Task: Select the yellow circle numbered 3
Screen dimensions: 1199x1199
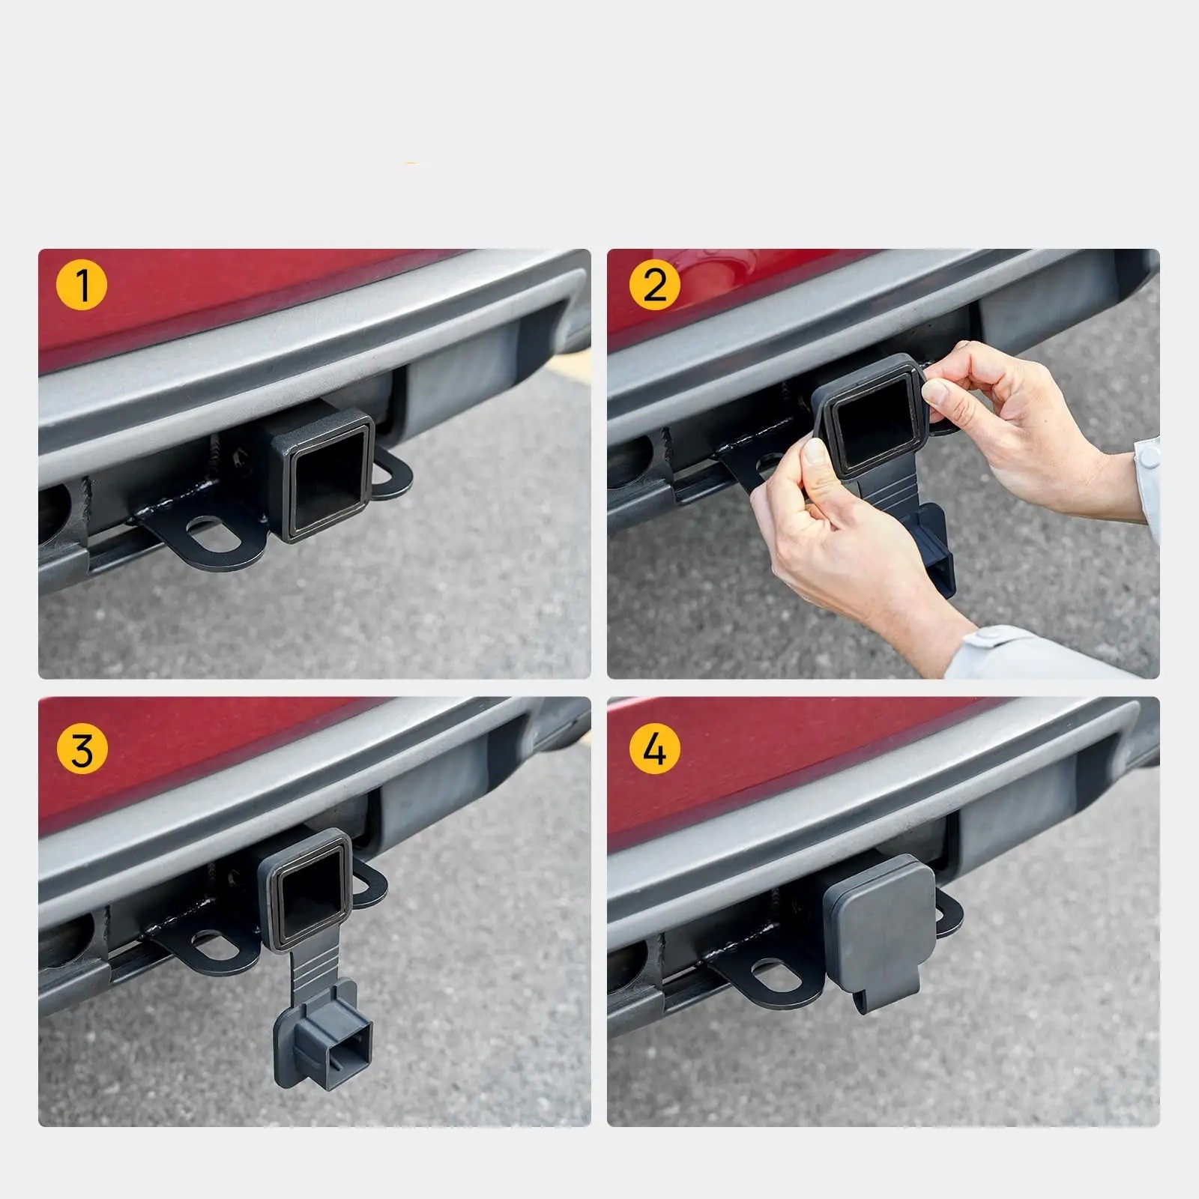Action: coord(82,749)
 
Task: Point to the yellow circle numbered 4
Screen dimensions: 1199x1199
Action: coord(655,749)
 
